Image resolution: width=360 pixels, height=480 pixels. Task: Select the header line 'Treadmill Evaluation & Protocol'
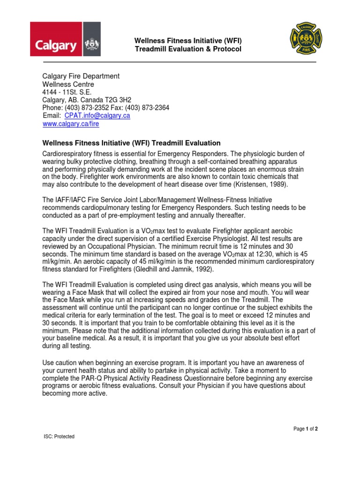coord(188,49)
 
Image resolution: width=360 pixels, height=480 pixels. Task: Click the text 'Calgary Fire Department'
coord(81,76)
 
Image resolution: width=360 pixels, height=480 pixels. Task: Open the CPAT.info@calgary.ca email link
coord(97,116)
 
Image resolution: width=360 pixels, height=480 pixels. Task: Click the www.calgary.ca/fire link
coord(71,124)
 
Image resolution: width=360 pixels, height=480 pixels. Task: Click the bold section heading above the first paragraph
coord(131,143)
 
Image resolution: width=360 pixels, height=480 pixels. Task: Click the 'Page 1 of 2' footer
coord(306,429)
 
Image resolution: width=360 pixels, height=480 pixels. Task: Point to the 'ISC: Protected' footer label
coord(59,436)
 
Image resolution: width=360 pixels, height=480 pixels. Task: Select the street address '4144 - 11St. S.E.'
coord(67,92)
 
